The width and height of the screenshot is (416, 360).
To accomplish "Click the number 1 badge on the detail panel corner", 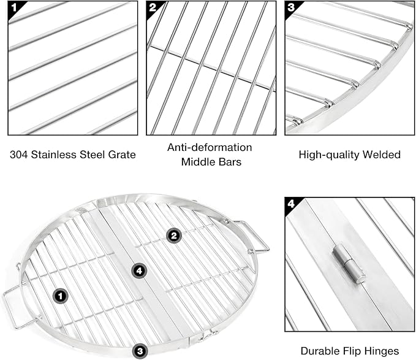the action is (x=14, y=7).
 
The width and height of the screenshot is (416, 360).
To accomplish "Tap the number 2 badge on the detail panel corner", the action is (x=152, y=7).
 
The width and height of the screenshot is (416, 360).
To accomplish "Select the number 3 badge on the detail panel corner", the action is (x=291, y=7).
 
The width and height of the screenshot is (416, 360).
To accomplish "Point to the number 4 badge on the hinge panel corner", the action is (x=291, y=204).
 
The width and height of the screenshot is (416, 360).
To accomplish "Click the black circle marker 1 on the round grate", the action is (x=61, y=296).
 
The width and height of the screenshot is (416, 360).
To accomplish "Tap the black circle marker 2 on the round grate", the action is (x=174, y=236).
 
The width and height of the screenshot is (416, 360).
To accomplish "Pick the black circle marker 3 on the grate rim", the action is (x=140, y=351).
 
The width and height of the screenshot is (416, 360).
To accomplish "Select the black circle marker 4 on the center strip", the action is (x=139, y=271).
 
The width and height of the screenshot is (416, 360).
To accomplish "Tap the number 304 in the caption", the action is (x=18, y=155).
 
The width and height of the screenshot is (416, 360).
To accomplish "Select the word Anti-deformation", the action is (x=210, y=147).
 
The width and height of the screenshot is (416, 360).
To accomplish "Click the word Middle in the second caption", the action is (x=197, y=162).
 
